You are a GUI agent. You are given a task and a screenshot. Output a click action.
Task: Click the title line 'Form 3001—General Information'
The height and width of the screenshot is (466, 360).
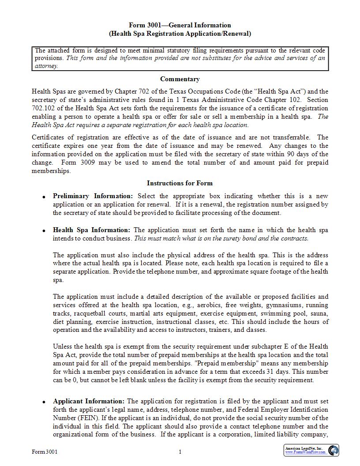click(x=180, y=25)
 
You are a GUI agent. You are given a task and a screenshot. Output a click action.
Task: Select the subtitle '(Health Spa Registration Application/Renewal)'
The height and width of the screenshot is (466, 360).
click(x=180, y=33)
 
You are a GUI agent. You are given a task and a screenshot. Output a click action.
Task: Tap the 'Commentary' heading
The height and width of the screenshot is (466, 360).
click(x=180, y=79)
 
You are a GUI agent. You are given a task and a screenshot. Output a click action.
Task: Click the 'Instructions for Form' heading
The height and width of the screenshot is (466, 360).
click(x=180, y=183)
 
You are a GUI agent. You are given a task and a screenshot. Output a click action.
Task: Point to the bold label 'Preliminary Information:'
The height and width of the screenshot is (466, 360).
click(x=93, y=196)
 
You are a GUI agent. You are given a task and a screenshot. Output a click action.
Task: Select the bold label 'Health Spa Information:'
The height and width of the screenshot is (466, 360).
click(x=91, y=230)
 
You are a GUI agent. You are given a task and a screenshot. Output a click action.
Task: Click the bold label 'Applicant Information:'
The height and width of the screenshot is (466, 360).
click(x=89, y=401)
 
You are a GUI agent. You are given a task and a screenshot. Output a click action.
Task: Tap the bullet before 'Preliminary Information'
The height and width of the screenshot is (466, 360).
click(x=44, y=197)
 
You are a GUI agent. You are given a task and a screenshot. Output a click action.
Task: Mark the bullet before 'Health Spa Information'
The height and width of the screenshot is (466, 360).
click(x=44, y=231)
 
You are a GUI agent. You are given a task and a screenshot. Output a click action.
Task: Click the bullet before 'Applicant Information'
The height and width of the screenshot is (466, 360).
click(x=44, y=402)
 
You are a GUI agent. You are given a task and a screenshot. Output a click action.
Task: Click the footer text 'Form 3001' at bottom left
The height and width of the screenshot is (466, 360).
click(x=45, y=452)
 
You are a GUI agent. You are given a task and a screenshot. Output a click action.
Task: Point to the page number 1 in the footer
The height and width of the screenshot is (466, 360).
click(x=180, y=452)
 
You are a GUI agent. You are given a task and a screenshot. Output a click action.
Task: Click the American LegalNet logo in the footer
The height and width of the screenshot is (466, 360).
click(x=311, y=450)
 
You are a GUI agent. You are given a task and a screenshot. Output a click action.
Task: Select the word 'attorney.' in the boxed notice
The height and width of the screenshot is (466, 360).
click(x=46, y=66)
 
